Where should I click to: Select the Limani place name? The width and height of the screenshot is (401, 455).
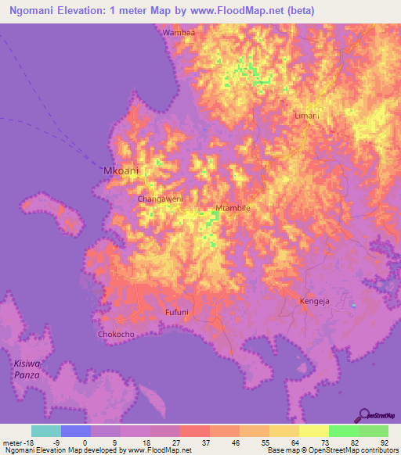coord(306,115)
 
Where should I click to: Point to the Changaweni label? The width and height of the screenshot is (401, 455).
coord(161,199)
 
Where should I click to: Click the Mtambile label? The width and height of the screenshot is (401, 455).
coord(233,209)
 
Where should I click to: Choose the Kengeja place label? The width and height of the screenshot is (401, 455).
coord(316,300)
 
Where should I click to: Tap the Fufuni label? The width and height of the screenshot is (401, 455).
coord(176,312)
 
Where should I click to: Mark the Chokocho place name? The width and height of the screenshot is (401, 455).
coord(116,335)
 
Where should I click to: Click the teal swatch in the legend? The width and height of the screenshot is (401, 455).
coord(46,431)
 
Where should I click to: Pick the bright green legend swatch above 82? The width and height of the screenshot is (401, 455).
coord(344,431)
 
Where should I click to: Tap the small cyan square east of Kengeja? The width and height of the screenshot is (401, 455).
coord(353,305)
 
